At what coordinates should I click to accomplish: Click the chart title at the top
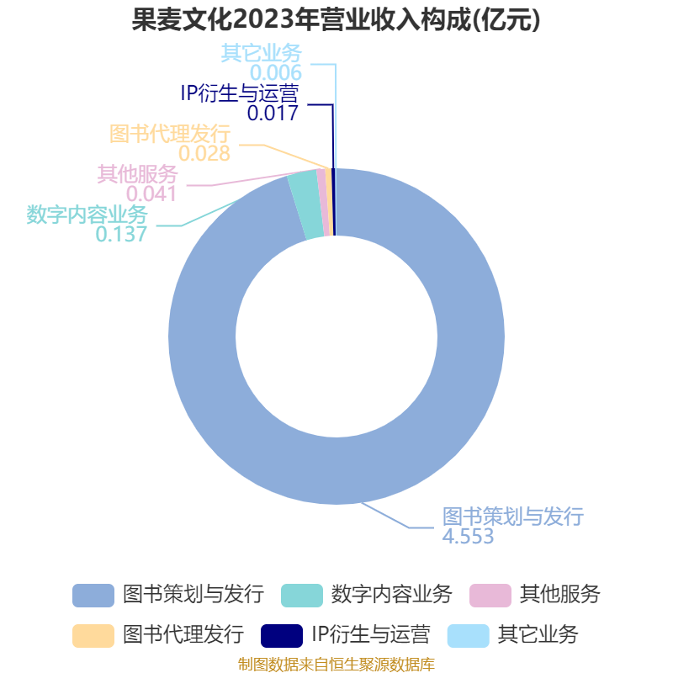point(336,19)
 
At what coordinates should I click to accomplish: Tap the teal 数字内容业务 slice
point(305,204)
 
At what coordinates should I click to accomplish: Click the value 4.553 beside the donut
point(468,537)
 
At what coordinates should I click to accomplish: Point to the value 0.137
point(121,235)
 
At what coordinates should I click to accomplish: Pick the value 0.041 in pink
point(151,194)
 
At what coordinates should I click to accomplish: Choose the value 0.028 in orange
point(204,154)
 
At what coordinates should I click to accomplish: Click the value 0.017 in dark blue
point(273,114)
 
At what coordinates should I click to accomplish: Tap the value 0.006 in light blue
point(276,73)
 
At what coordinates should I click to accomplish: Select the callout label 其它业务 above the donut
point(262,53)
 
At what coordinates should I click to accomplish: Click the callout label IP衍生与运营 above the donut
point(240,93)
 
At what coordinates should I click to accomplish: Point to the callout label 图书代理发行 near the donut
point(170,134)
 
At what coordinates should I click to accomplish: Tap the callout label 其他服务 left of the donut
point(137,174)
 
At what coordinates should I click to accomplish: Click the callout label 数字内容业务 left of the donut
point(87,215)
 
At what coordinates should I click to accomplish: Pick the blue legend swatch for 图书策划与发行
point(93,596)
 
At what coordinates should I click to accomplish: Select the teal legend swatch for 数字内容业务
point(302,596)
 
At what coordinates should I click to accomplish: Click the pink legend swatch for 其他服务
point(490,596)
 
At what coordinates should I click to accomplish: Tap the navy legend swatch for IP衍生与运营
point(282,636)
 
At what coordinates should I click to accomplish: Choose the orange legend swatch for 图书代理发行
point(93,636)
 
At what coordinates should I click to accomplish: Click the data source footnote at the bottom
point(336,665)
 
